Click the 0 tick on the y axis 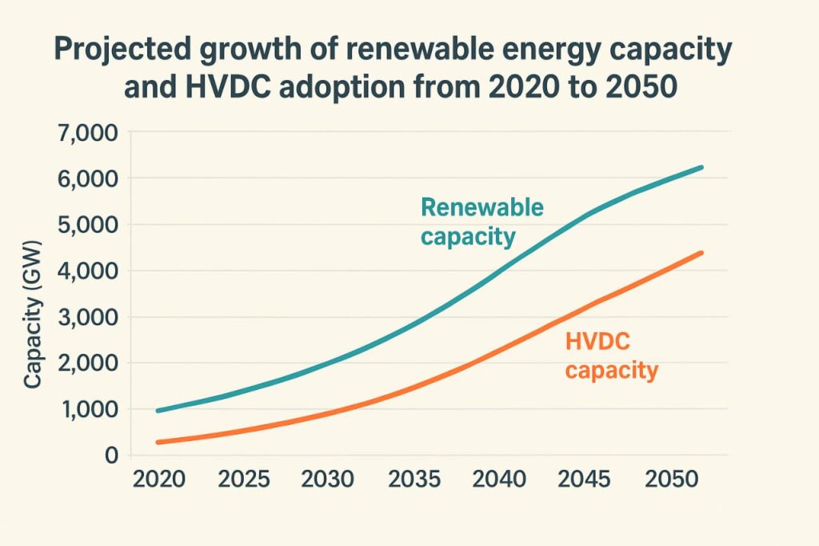pyautogui.click(x=110, y=456)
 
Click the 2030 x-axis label pyautogui.click(x=330, y=480)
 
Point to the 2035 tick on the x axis pyautogui.click(x=415, y=480)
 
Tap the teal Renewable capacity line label pyautogui.click(x=481, y=222)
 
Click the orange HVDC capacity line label pyautogui.click(x=611, y=355)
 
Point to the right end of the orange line pyautogui.click(x=701, y=253)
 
